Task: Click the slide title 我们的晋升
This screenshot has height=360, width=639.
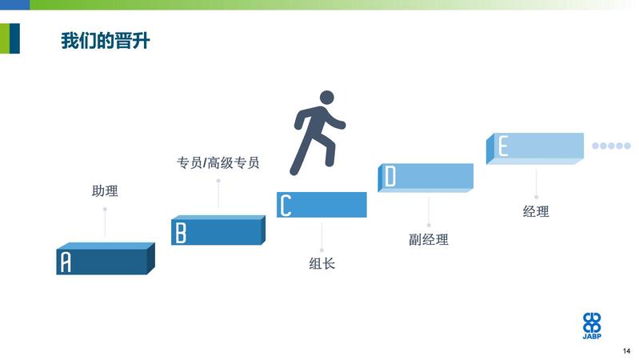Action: [106, 41]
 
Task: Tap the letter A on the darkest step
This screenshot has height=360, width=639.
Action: [66, 262]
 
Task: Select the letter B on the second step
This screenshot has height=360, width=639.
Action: [181, 234]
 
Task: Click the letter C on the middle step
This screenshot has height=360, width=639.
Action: [286, 205]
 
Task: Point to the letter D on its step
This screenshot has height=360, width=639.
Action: [390, 177]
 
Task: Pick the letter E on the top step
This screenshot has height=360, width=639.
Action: [503, 146]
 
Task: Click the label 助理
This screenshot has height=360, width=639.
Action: [105, 191]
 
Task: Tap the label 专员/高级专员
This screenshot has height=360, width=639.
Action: [218, 162]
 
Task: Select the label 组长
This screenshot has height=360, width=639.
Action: [322, 263]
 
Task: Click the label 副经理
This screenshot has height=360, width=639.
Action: [429, 239]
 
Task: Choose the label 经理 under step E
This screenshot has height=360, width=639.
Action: [536, 211]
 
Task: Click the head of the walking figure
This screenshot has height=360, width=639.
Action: [327, 98]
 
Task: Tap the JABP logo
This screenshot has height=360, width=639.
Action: [592, 326]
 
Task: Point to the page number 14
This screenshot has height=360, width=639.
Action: [626, 351]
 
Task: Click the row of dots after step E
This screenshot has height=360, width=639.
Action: [611, 146]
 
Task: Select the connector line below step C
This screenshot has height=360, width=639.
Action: [322, 236]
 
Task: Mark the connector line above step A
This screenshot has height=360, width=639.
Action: [105, 222]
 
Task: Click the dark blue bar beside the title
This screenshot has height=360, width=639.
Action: [14, 38]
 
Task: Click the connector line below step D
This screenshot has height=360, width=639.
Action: [429, 212]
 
